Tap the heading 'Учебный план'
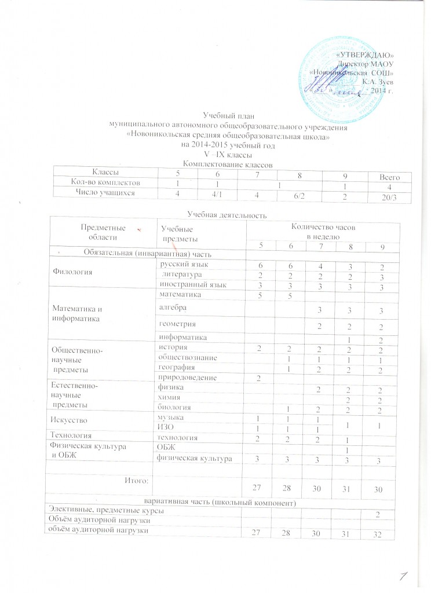click(x=228, y=118)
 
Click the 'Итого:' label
click(x=138, y=479)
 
